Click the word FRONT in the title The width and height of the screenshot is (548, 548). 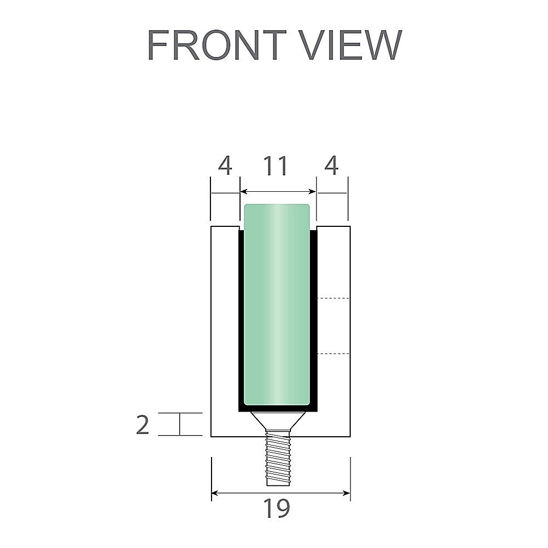(217, 45)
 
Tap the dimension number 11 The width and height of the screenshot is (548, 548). (276, 166)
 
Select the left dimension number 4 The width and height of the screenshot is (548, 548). (225, 166)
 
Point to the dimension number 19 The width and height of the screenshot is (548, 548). (276, 509)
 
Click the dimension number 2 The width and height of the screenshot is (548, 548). (142, 425)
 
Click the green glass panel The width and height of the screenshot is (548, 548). (277, 307)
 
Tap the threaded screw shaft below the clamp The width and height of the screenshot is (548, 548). (279, 458)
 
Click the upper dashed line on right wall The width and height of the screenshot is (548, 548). (334, 298)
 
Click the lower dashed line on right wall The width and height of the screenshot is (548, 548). (334, 354)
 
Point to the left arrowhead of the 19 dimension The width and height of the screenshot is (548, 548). (215, 493)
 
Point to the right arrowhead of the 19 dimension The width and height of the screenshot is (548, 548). (347, 493)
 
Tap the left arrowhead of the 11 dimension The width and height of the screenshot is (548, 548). (244, 192)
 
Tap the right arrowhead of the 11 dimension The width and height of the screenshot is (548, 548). (313, 192)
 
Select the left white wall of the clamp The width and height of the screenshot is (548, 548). (225, 329)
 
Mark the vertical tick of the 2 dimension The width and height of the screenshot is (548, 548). (180, 424)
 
